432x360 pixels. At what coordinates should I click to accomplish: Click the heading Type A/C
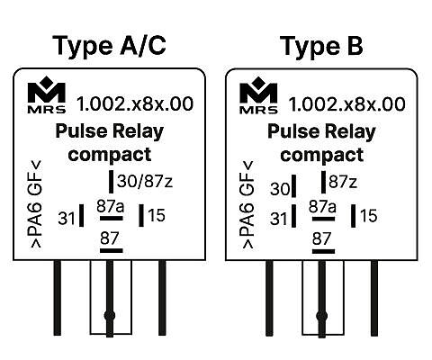[x=109, y=46]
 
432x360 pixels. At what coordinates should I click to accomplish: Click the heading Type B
[x=321, y=46]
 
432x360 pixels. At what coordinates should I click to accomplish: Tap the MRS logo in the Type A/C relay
[x=47, y=94]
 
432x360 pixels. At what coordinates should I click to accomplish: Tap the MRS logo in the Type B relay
[x=258, y=95]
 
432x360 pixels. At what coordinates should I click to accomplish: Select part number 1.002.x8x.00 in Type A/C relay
[x=135, y=103]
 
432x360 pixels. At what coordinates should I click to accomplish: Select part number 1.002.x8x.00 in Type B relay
[x=346, y=104]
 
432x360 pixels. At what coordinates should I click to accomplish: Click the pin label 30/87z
[x=145, y=181]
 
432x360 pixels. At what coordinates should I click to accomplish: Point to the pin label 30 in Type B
[x=280, y=189]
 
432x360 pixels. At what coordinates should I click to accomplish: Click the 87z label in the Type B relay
[x=343, y=182]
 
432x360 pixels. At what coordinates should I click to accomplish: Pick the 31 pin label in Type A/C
[x=67, y=218]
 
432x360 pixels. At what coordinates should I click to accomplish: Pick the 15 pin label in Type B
[x=369, y=216]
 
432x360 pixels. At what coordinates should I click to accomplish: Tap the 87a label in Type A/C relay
[x=111, y=206]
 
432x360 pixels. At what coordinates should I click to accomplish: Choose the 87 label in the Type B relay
[x=321, y=238]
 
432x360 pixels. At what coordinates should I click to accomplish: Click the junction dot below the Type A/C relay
[x=110, y=316]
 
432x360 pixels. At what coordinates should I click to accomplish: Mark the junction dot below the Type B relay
[x=322, y=316]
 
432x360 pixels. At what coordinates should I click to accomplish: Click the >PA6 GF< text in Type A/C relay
[x=34, y=204]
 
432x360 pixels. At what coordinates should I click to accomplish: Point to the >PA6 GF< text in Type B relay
[x=247, y=205]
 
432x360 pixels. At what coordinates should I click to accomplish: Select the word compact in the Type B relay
[x=321, y=155]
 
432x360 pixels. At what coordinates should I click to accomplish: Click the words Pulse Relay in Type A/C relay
[x=110, y=131]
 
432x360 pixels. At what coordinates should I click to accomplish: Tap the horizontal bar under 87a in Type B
[x=323, y=219]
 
